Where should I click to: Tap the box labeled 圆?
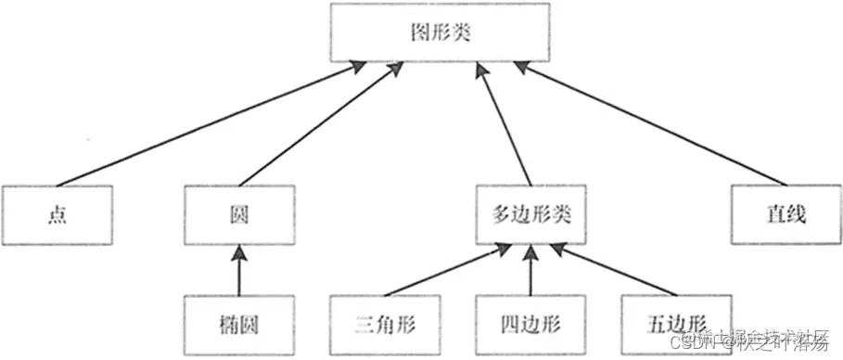(239, 214)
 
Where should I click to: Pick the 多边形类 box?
(530, 214)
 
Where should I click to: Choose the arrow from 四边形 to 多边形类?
(530, 271)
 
